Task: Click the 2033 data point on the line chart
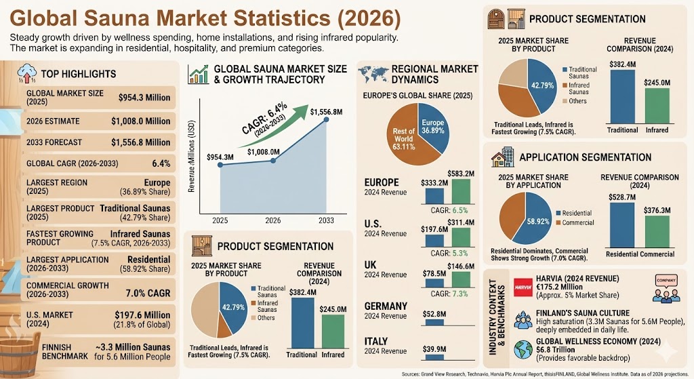(327, 120)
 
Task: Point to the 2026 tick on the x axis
(272, 221)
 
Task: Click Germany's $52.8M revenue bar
(434, 321)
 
